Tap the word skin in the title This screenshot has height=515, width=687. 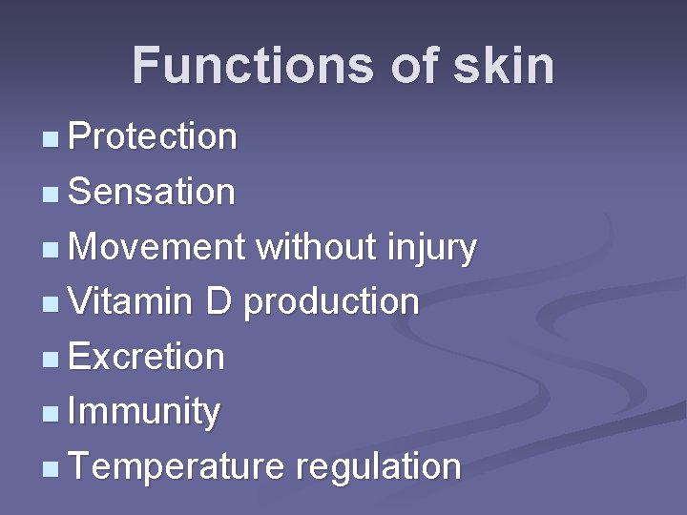[505, 66]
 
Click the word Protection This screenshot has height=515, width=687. [153, 136]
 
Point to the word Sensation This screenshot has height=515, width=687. [152, 192]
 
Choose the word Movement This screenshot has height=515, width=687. [157, 247]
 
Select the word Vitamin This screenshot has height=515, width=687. [131, 302]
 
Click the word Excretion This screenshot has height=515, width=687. [147, 358]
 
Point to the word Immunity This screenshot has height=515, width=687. [144, 413]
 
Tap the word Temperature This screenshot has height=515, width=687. [177, 468]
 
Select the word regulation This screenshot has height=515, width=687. [379, 468]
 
